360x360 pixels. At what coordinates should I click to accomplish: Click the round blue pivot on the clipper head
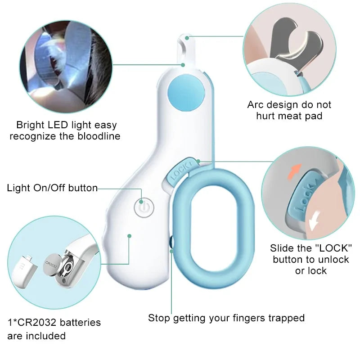coord(186,91)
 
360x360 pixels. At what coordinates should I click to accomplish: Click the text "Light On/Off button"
coord(52,188)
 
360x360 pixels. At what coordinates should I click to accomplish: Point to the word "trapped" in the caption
coord(286,318)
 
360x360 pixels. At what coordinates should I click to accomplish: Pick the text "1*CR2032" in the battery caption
coord(28,323)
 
